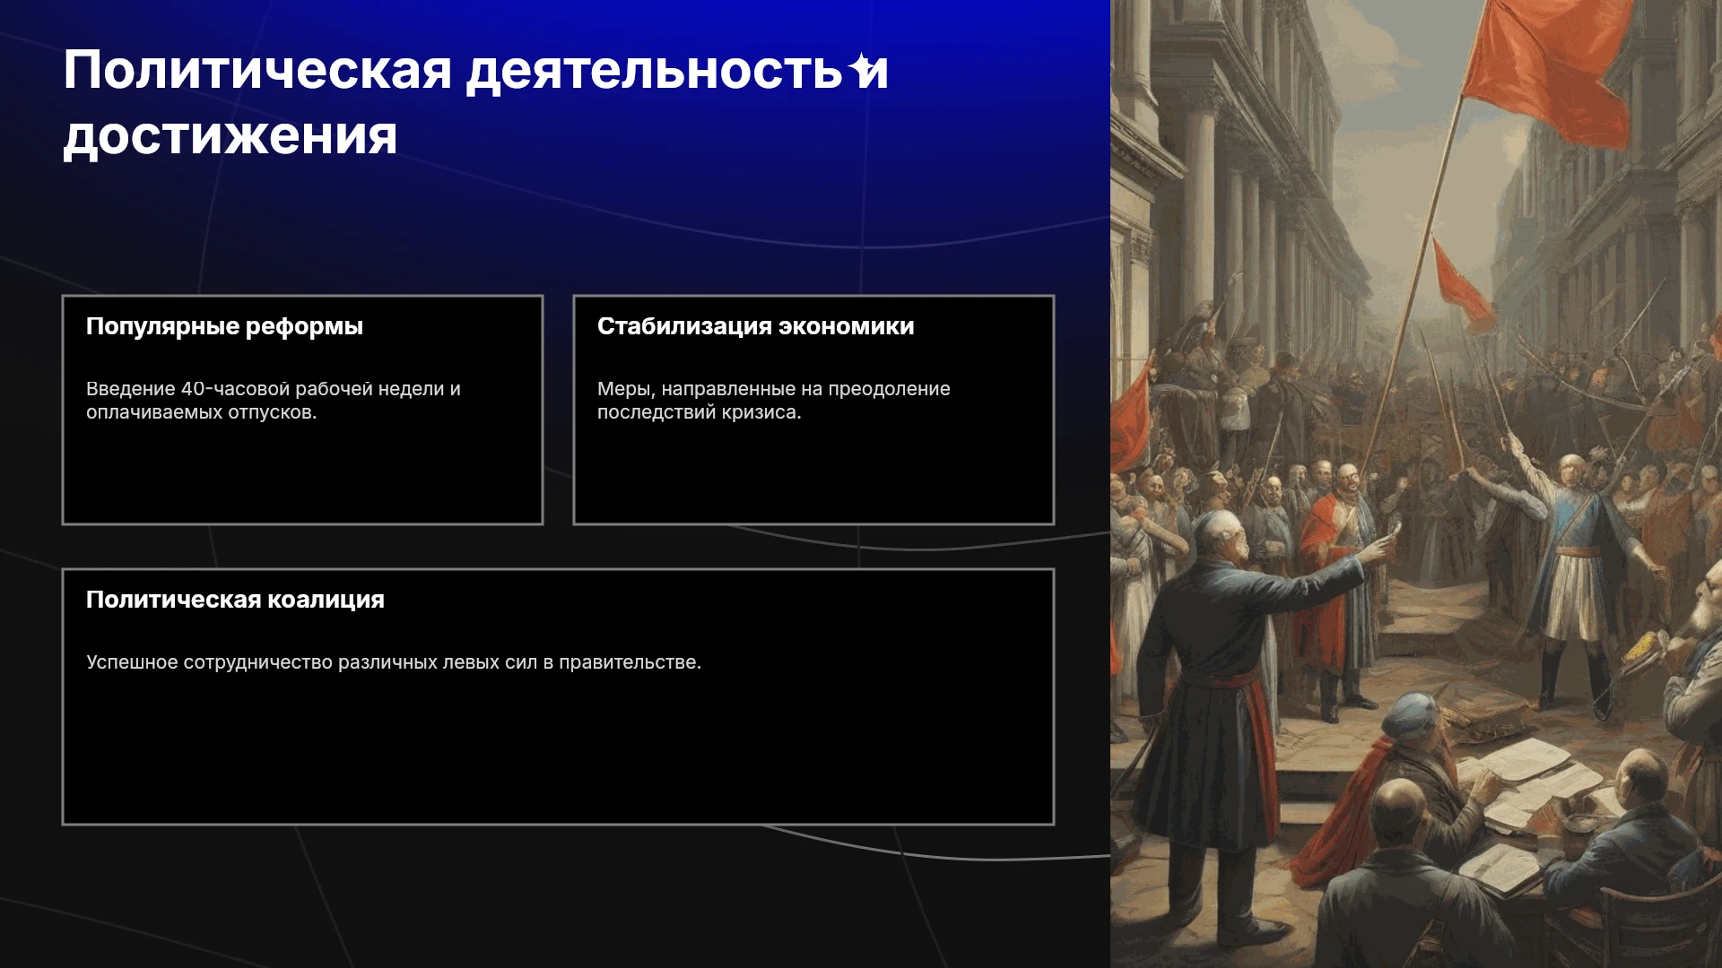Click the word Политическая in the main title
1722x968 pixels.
[x=257, y=70]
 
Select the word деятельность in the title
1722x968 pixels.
[x=655, y=72]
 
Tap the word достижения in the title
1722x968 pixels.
[x=230, y=136]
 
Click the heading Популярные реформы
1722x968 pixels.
[x=224, y=326]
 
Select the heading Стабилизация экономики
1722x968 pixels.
[x=755, y=326]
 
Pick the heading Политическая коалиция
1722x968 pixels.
[x=235, y=600]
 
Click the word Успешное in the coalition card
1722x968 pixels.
[x=132, y=662]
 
